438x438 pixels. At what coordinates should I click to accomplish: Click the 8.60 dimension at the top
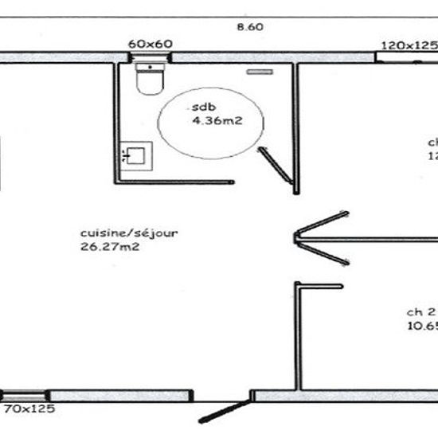pyautogui.click(x=250, y=26)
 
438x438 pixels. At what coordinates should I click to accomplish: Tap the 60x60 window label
pyautogui.click(x=151, y=44)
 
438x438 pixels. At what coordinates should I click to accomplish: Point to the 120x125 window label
pyautogui.click(x=409, y=45)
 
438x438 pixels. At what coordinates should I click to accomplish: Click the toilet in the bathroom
pyautogui.click(x=149, y=79)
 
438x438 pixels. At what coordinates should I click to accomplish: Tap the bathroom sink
pyautogui.click(x=136, y=154)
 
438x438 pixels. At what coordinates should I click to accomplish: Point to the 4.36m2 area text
pyautogui.click(x=213, y=121)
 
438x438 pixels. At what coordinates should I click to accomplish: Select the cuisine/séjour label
pyautogui.click(x=128, y=233)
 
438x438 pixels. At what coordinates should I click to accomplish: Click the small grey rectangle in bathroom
pyautogui.click(x=259, y=72)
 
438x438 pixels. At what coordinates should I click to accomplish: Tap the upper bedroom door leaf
pyautogui.click(x=321, y=222)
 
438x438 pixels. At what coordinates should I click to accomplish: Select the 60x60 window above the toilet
pyautogui.click(x=151, y=57)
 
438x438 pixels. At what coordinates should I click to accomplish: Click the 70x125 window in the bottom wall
pyautogui.click(x=24, y=395)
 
